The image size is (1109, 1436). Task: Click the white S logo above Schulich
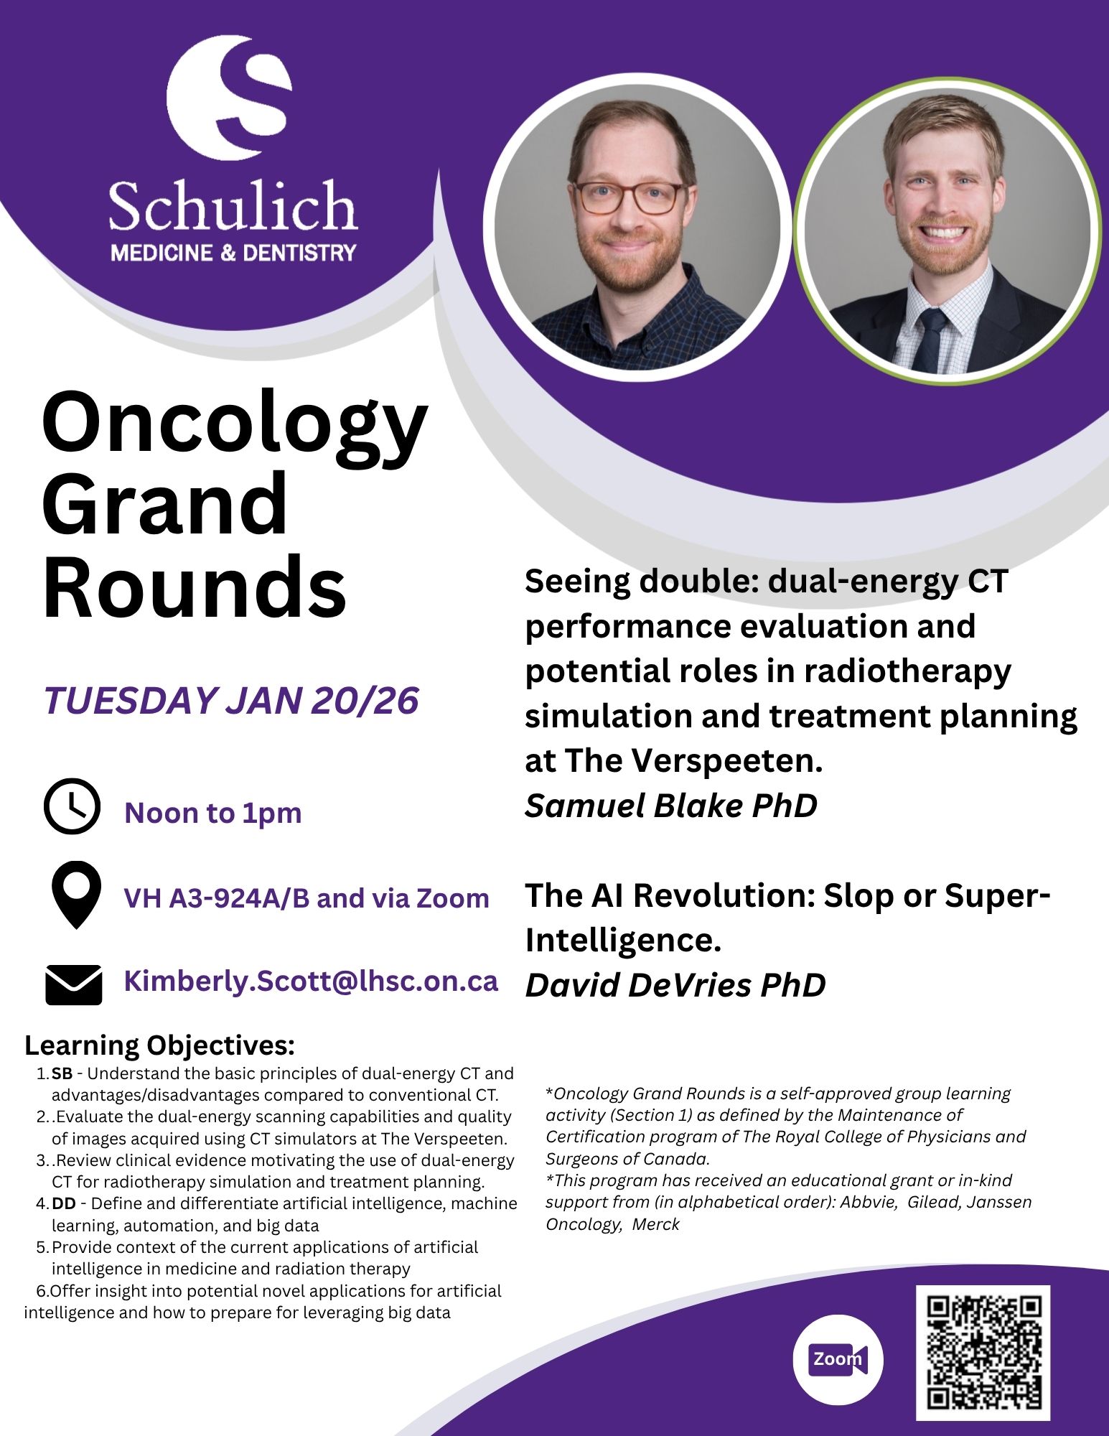[x=230, y=97]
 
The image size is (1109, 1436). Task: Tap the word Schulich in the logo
[x=233, y=206]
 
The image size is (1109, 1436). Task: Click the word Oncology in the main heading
[x=235, y=429]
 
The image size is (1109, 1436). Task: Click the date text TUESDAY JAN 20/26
[x=231, y=700]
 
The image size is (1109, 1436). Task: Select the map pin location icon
[x=76, y=895]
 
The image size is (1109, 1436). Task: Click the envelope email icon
[x=73, y=984]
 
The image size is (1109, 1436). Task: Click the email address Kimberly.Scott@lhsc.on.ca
[x=311, y=982]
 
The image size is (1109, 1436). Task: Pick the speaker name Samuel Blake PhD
[x=671, y=806]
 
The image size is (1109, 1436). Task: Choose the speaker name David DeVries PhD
[x=675, y=985]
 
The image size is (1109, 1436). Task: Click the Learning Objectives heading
[x=160, y=1045]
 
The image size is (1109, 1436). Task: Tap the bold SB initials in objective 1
[x=62, y=1073]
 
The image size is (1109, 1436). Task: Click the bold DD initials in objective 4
[x=64, y=1203]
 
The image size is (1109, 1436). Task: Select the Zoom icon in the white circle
[x=838, y=1359]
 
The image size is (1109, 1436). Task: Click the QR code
[x=983, y=1353]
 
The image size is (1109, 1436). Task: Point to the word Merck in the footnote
[x=655, y=1224]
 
